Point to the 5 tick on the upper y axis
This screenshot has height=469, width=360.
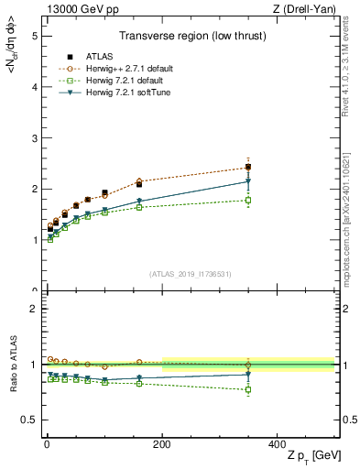pyautogui.click(x=34, y=36)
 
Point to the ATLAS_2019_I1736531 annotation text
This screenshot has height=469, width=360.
pyautogui.click(x=190, y=273)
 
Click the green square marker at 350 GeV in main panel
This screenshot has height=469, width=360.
pyautogui.click(x=248, y=200)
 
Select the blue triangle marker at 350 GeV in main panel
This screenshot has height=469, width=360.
pyautogui.click(x=248, y=181)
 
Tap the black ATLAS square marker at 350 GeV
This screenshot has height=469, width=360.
pyautogui.click(x=248, y=167)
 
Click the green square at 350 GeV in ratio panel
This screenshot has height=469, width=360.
pyautogui.click(x=248, y=389)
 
